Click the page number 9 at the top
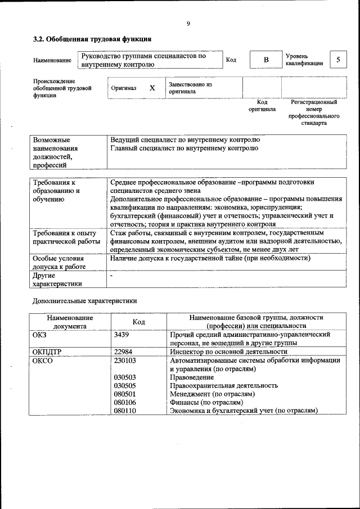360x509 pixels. [188, 23]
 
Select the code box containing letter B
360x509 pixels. [267, 60]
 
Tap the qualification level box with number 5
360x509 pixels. [338, 60]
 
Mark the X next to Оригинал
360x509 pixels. [152, 88]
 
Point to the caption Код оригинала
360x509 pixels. [262, 106]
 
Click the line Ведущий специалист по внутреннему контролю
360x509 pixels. [185, 139]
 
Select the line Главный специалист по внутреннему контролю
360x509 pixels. [184, 148]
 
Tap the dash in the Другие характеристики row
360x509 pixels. [111, 276]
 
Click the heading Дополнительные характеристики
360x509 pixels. [84, 301]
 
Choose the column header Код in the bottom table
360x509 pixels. [139, 322]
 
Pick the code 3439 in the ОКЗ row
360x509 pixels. [122, 335]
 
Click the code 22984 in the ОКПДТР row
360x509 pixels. [123, 352]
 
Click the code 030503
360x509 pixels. [125, 377]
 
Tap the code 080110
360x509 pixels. [125, 411]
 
